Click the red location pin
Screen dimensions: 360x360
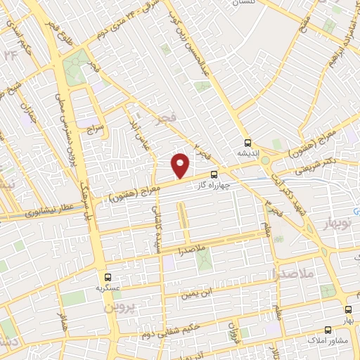(x=181, y=165)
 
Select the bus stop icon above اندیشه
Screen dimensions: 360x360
(x=247, y=141)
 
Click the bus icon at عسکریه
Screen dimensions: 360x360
(x=108, y=276)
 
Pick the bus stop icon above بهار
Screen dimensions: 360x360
(x=348, y=310)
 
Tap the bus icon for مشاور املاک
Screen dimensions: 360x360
(x=328, y=330)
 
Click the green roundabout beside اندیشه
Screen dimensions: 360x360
(x=264, y=160)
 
